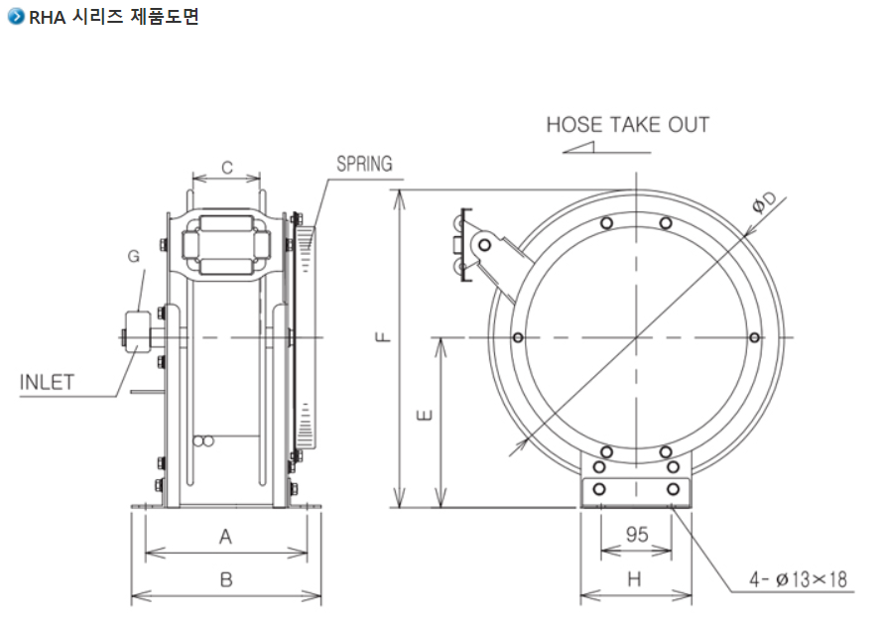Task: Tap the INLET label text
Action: (47, 383)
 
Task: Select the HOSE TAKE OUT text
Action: (628, 125)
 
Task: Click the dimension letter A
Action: (225, 537)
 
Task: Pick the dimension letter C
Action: (226, 168)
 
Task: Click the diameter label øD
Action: (765, 201)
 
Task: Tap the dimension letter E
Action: (424, 418)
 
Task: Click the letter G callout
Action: (133, 256)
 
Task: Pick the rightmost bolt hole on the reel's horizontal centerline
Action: (755, 338)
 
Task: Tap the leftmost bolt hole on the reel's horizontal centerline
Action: (517, 338)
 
